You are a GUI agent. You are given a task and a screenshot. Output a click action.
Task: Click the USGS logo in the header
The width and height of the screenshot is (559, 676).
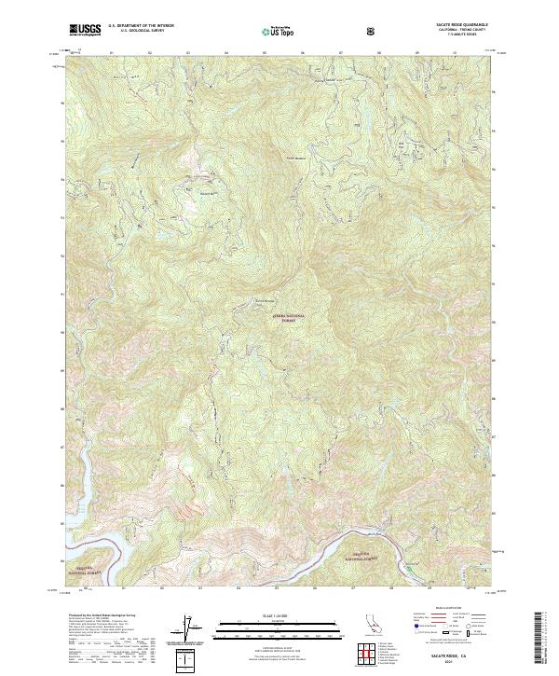pyautogui.click(x=85, y=30)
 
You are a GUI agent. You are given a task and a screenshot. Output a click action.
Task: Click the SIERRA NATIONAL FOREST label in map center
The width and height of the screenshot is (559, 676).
pyautogui.click(x=288, y=318)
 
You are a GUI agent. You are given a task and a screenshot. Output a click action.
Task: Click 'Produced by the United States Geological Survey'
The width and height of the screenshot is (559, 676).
pyautogui.click(x=93, y=615)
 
